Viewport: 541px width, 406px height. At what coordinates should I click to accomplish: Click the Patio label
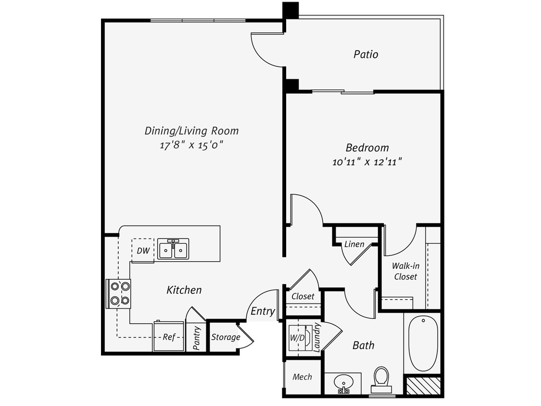[x=366, y=54]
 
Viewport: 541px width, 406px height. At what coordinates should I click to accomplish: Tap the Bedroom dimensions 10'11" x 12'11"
[x=366, y=162]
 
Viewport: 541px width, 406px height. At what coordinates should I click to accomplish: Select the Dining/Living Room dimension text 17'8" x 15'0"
[x=191, y=145]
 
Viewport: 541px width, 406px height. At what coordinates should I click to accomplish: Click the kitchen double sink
[x=173, y=249]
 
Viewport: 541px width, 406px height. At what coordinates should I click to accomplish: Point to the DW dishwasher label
[x=142, y=250]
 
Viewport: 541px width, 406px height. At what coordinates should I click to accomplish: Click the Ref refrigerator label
[x=168, y=337]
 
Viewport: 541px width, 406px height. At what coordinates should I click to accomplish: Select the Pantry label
[x=196, y=338]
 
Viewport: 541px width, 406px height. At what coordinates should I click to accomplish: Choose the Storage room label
[x=226, y=337]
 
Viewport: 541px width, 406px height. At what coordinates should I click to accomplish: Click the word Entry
[x=263, y=311]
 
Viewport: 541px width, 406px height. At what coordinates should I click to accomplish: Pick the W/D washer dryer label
[x=297, y=337]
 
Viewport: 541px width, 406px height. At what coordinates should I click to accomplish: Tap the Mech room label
[x=302, y=377]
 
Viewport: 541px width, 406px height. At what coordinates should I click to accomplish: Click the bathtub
[x=423, y=343]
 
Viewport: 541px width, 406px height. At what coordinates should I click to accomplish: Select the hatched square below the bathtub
[x=423, y=386]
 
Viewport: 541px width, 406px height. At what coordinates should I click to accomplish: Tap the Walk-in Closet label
[x=404, y=271]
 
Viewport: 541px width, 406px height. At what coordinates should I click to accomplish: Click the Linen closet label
[x=354, y=244]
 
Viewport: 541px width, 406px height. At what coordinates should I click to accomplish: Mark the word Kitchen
[x=184, y=290]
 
